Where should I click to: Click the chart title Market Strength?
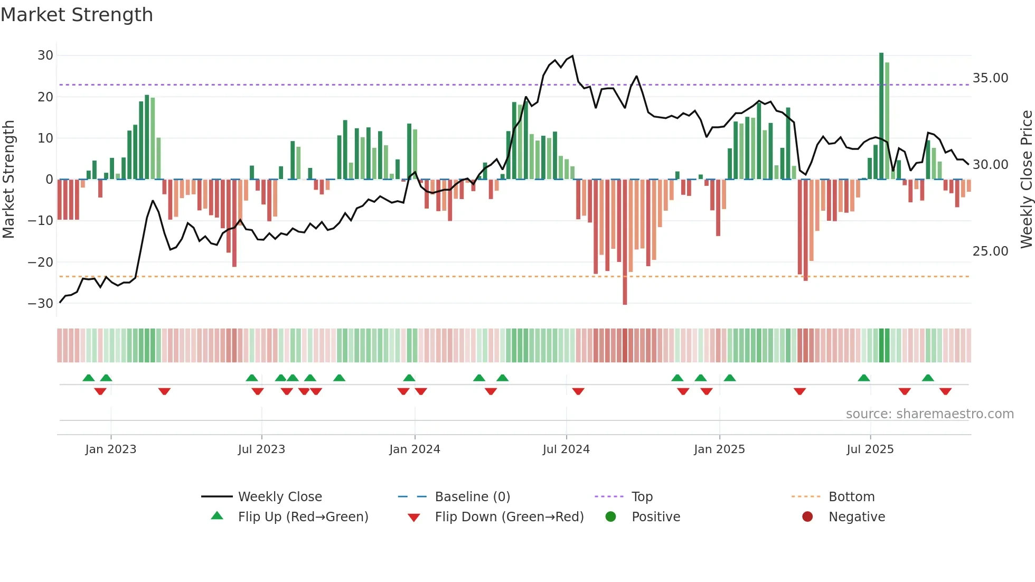(77, 15)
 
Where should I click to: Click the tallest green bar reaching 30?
(881, 116)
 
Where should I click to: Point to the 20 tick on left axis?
(45, 97)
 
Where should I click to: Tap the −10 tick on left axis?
(41, 221)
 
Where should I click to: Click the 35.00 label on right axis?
(990, 78)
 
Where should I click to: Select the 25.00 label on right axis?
(990, 251)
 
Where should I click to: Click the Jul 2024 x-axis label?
(566, 449)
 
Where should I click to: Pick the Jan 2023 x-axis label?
(111, 449)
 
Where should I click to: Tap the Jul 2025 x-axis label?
(870, 449)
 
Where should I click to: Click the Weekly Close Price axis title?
(1026, 180)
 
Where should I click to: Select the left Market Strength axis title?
(8, 180)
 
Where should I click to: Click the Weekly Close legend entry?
(280, 497)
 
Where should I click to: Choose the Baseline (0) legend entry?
(472, 497)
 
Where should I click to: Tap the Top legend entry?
(642, 497)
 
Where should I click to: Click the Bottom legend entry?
(851, 497)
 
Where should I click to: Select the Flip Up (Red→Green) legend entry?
(303, 517)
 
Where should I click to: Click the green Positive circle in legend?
(611, 517)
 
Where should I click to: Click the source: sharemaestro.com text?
(929, 414)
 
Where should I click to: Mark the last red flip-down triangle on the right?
(945, 391)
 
